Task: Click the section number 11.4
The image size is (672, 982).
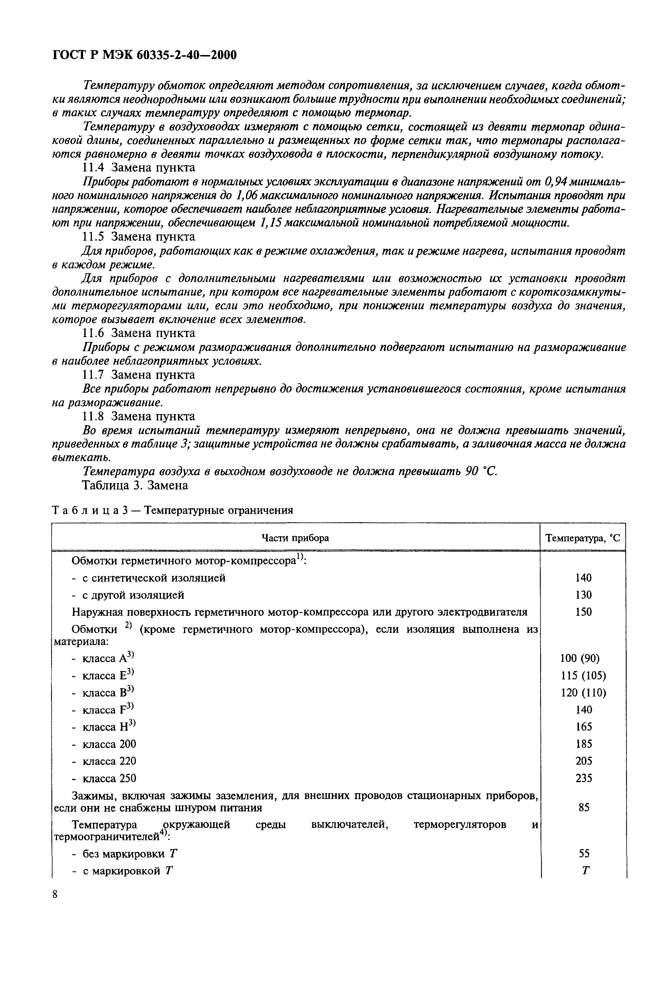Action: coord(92,168)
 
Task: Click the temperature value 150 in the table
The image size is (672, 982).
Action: coord(584,612)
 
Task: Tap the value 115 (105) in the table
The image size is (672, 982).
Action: coord(583,676)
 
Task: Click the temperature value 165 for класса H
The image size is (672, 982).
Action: coord(584,727)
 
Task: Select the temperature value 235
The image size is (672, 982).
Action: coord(584,778)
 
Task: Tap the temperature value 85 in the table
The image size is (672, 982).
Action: coord(584,807)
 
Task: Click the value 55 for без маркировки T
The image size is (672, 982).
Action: coord(584,854)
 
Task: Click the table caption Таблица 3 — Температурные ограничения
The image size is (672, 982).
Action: coord(172,511)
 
